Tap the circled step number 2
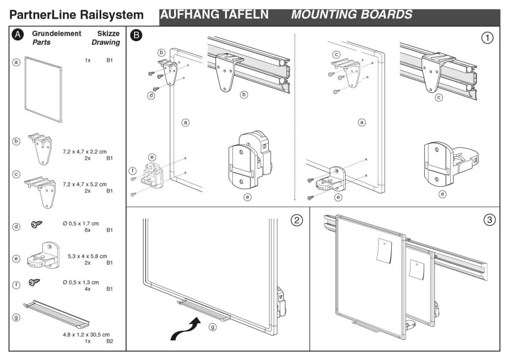coord(296,220)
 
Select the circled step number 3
coord(489,220)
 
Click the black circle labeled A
coord(18,35)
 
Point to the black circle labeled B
coord(136,35)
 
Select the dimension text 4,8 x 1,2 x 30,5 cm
coord(86,335)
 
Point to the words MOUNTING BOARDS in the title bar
coord(352,14)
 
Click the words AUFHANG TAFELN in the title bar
coord(216,14)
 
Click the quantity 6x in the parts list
coord(88,230)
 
